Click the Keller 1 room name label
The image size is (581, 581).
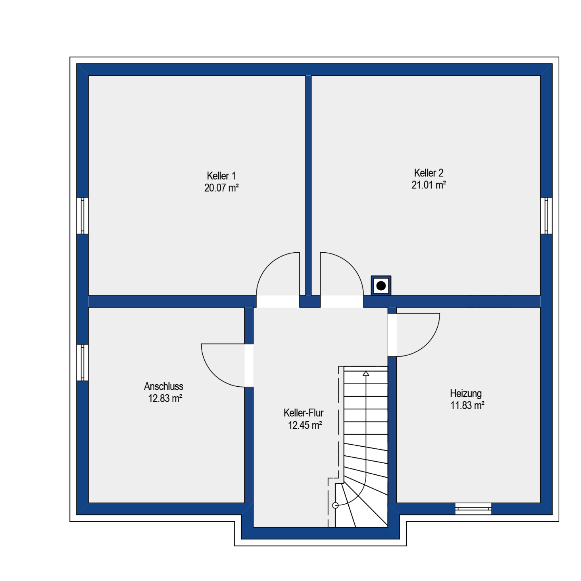coord(221,176)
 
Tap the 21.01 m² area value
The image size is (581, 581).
coord(428,185)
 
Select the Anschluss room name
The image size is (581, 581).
coord(164,386)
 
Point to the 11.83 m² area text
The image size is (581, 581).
coord(467,405)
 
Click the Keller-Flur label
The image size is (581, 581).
coord(303,413)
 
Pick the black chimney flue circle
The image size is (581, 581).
coord(381,286)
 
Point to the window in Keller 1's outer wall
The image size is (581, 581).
coord(83,216)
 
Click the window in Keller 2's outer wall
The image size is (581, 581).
coord(546,216)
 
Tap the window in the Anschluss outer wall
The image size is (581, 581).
coord(83,362)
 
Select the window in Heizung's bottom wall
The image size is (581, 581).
coord(473,509)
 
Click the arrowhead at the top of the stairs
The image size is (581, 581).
coord(366,374)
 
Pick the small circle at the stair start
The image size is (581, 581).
coord(335,505)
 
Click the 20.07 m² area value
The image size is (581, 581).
coord(221,188)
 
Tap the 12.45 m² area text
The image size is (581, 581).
coord(305,425)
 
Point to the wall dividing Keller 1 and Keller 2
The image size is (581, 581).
coord(309,185)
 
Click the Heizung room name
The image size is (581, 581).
coord(466,394)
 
